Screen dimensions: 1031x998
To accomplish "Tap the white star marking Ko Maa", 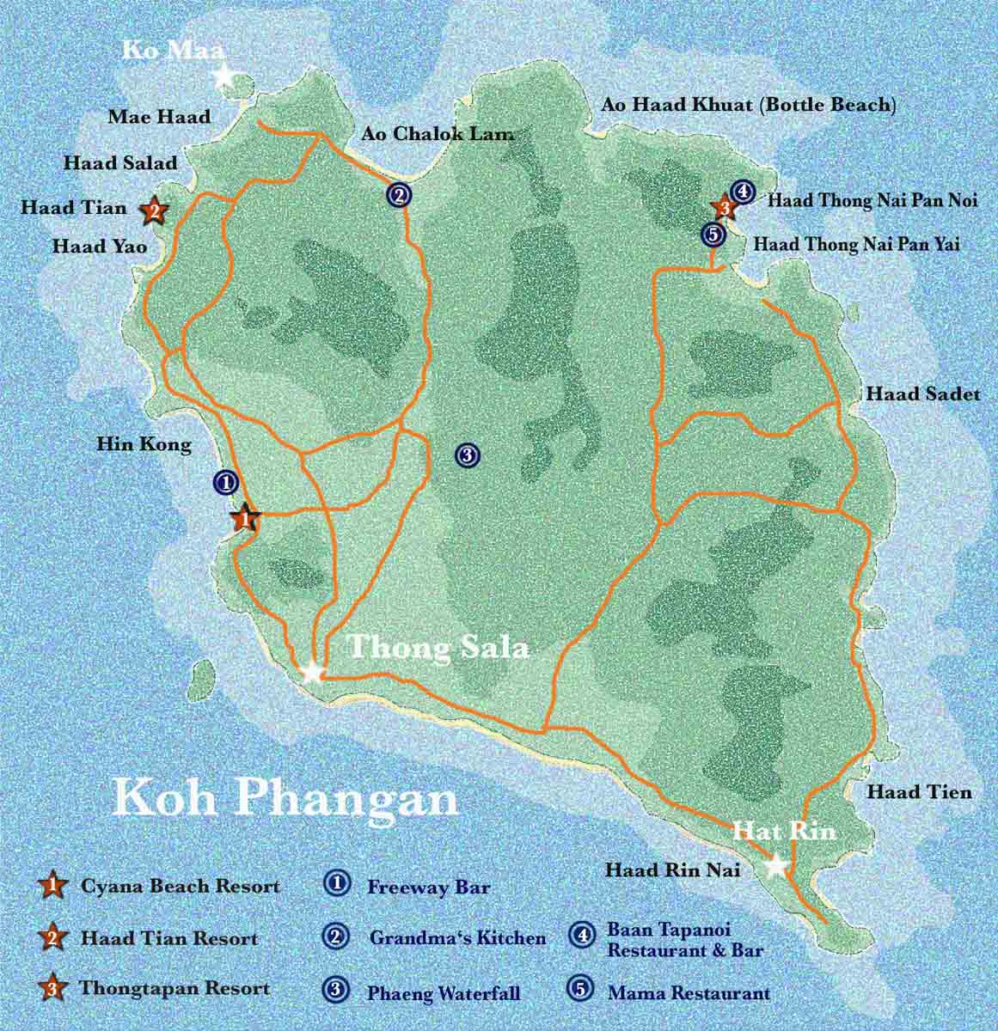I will [x=225, y=76].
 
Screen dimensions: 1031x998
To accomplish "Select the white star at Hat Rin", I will [x=776, y=866].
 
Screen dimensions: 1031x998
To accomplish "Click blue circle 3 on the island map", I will [x=466, y=455].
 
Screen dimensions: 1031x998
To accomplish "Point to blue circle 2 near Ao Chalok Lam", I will [x=397, y=195].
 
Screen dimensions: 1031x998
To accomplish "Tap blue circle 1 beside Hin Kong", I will [x=225, y=482].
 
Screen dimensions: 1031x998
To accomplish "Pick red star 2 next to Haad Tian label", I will [x=153, y=209].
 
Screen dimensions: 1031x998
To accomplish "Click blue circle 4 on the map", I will [x=742, y=191].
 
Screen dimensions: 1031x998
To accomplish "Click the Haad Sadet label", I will [x=922, y=394].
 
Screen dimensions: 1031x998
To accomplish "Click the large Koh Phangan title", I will [x=285, y=796].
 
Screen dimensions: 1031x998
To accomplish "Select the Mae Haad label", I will [x=159, y=117].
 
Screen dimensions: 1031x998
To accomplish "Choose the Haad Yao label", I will [x=100, y=247].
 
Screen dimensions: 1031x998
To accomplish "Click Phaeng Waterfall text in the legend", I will [x=444, y=994].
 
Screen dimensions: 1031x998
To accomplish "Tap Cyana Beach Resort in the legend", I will [x=180, y=886].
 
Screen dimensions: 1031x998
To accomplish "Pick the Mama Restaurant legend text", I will [x=689, y=993].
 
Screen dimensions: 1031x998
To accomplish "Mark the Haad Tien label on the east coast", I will [x=919, y=792].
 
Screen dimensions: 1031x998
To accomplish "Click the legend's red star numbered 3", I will [x=53, y=989].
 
